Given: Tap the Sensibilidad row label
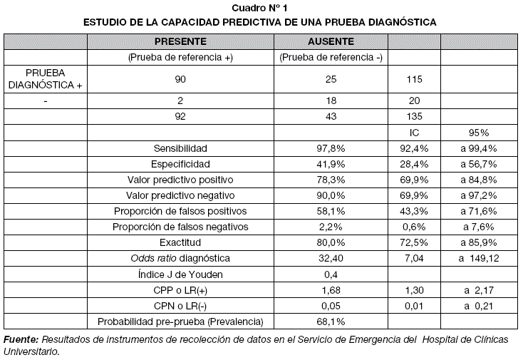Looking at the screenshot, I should pos(180,148).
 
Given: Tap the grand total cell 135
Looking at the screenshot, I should pos(414,117).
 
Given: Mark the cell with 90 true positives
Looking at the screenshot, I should pos(180,79).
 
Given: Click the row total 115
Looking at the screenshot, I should pos(414,79).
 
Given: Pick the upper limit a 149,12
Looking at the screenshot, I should pos(479,257).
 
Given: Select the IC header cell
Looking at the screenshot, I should pos(414,133).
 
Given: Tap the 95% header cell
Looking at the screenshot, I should pos(479,133).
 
